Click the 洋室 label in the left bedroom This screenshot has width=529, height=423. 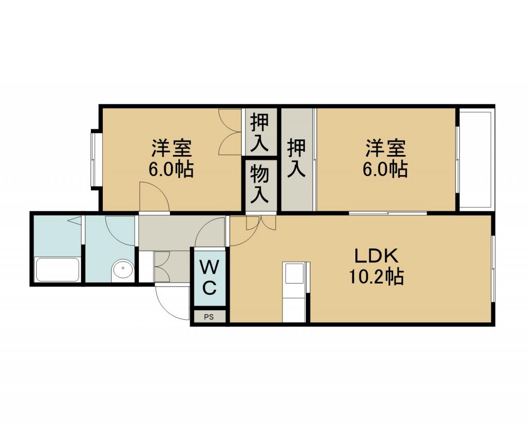click(x=172, y=148)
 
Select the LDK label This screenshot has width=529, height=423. click(x=377, y=256)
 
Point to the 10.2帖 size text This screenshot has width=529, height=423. click(x=376, y=277)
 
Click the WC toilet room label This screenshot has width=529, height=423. click(x=209, y=278)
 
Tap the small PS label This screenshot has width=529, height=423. click(x=209, y=317)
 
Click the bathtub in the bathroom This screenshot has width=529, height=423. click(x=58, y=269)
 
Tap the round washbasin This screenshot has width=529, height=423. click(x=122, y=269)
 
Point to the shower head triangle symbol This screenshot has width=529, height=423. click(x=74, y=221)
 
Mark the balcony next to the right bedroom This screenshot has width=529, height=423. click(x=476, y=159)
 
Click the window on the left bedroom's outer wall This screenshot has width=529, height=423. click(x=95, y=159)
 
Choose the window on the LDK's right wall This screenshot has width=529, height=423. click(x=493, y=269)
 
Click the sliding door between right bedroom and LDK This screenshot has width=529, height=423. click(x=388, y=213)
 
